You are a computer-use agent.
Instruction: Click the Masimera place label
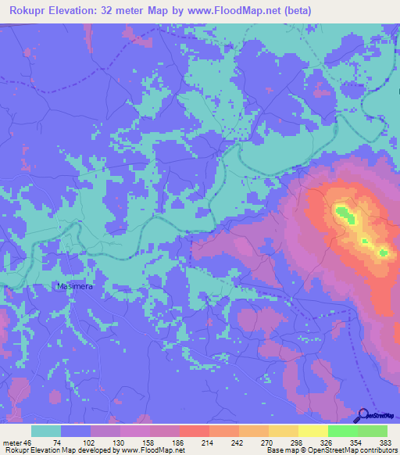[76, 286]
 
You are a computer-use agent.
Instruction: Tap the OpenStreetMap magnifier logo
[362, 415]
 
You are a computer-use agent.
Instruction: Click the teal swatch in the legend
[46, 431]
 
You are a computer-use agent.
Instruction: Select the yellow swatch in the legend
[313, 431]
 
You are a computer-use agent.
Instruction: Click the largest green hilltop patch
[344, 212]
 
